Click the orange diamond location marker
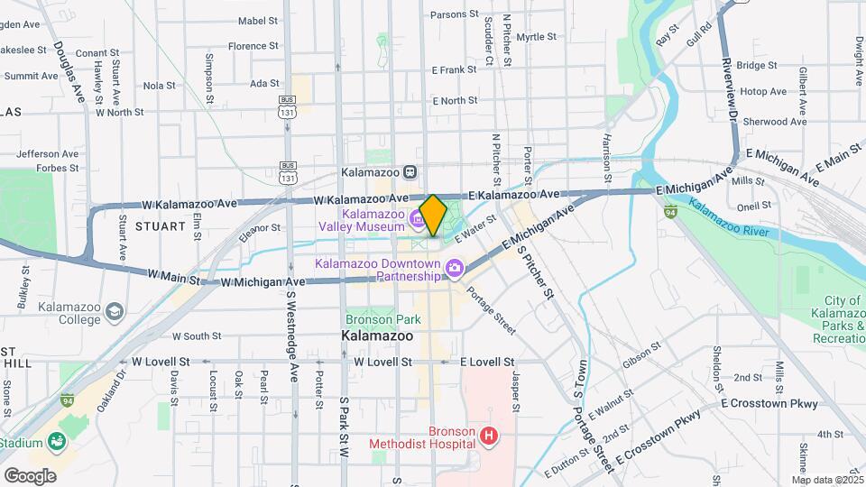[x=433, y=215]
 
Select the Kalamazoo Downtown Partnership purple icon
[x=454, y=268]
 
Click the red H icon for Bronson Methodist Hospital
[x=489, y=437]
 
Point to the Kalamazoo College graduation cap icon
[x=114, y=313]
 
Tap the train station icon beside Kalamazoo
[x=410, y=171]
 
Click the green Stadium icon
[x=57, y=441]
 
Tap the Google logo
[x=30, y=475]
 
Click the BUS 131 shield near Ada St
[x=287, y=107]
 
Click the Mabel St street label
[x=257, y=20]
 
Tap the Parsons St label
[x=454, y=14]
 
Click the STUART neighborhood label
[x=160, y=228]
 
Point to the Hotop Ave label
[x=764, y=92]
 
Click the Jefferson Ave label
[x=47, y=153]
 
